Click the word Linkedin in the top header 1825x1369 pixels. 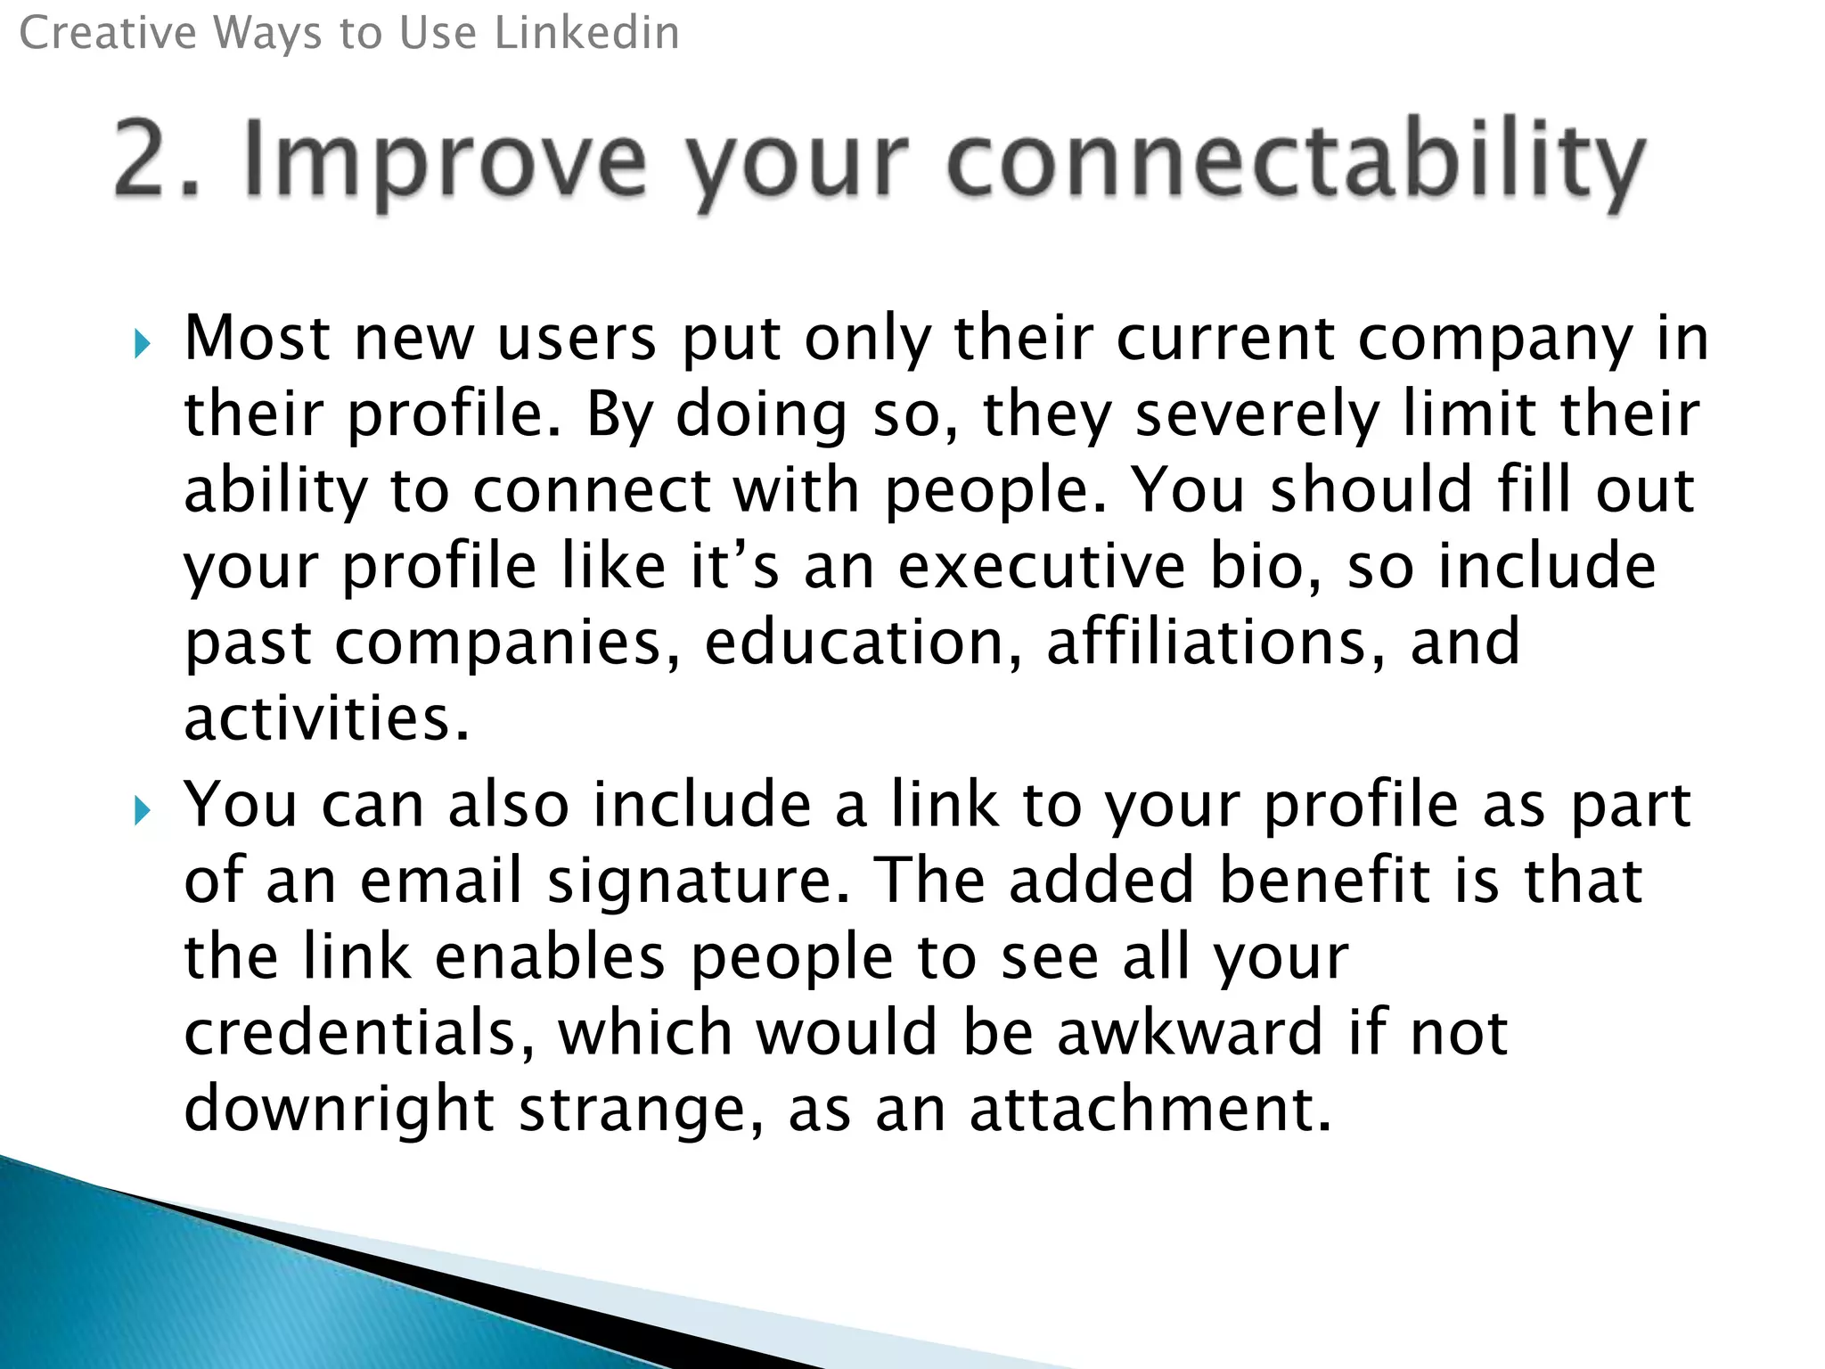pyautogui.click(x=586, y=34)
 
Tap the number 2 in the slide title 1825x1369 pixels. pyautogui.click(x=148, y=159)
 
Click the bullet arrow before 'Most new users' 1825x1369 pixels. pyautogui.click(x=143, y=343)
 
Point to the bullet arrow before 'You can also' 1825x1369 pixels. pyautogui.click(x=143, y=810)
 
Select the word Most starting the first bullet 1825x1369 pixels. pyautogui.click(x=257, y=339)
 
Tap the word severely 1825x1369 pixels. pyautogui.click(x=1256, y=416)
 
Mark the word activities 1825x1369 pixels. pyautogui.click(x=325, y=718)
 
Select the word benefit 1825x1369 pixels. pyautogui.click(x=1324, y=881)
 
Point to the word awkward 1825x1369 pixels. pyautogui.click(x=1189, y=1033)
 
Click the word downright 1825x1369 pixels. pyautogui.click(x=339, y=1111)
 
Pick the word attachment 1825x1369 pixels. pyautogui.click(x=1150, y=1109)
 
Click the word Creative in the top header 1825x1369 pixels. pyautogui.click(x=107, y=34)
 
